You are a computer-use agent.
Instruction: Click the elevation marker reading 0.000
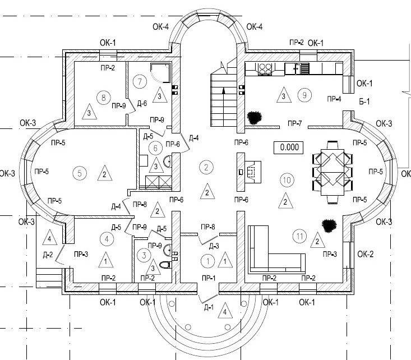[288, 147]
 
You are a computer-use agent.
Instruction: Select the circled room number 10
[287, 180]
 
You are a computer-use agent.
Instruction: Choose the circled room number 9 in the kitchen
[304, 95]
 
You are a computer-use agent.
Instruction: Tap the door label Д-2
[49, 255]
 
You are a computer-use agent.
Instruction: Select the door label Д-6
[142, 103]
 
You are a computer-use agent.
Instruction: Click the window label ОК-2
[364, 254]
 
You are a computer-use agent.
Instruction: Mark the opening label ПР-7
[294, 123]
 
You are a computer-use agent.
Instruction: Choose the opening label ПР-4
[334, 99]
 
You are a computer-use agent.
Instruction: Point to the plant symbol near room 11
[329, 225]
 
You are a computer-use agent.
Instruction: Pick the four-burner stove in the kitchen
[265, 69]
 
